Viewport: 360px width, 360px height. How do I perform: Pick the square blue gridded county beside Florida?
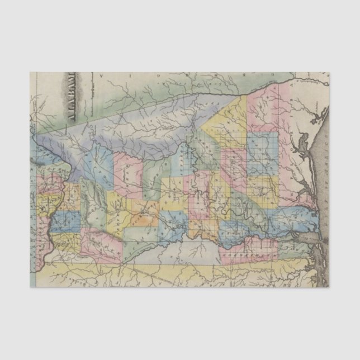click(x=263, y=145)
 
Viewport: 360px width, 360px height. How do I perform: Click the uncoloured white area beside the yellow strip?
click(x=184, y=252)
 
